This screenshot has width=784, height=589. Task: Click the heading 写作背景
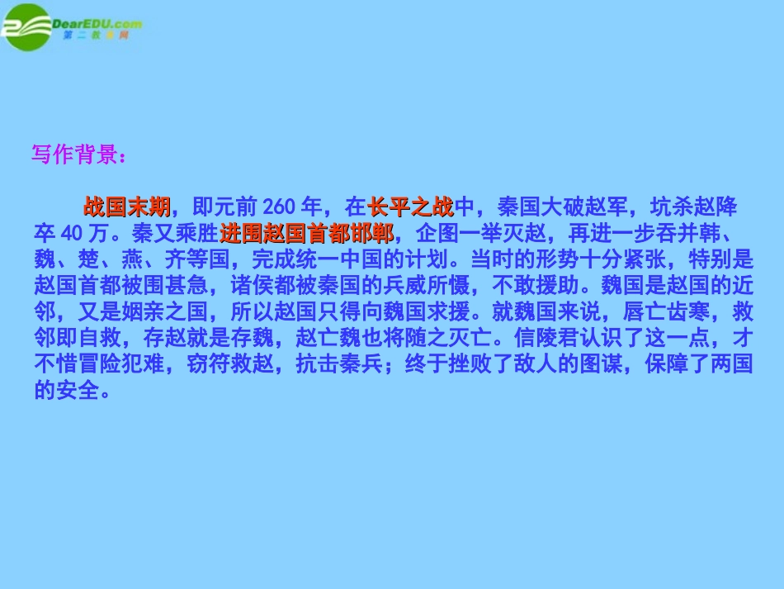point(78,154)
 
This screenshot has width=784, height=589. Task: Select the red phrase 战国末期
point(126,206)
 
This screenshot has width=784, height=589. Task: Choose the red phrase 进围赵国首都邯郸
point(307,232)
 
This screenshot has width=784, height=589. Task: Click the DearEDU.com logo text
point(97,24)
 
